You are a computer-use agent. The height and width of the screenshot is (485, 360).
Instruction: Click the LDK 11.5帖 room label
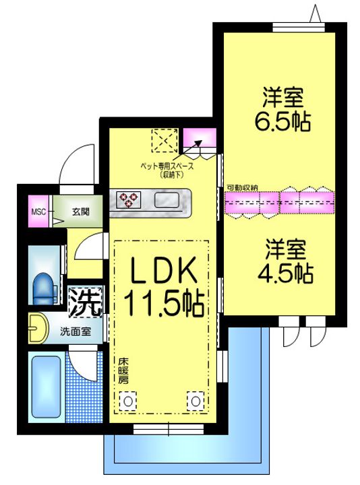click(164, 286)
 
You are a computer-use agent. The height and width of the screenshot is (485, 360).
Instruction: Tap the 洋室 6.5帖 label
click(282, 109)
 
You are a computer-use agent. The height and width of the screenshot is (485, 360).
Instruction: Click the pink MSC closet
click(38, 212)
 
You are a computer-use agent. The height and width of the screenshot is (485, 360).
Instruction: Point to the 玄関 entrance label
click(81, 212)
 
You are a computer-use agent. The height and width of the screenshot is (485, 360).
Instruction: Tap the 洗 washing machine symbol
click(85, 302)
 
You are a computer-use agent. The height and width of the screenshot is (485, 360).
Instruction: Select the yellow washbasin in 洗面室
click(38, 328)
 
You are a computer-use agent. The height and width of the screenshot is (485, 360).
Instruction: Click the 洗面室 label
click(76, 331)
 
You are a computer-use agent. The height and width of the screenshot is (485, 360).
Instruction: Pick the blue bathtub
click(46, 387)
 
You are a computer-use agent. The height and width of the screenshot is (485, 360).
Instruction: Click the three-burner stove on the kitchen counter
click(129, 199)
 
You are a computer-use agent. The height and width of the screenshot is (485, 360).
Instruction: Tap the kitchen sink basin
click(167, 200)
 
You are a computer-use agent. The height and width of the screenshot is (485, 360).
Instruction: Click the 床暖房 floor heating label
click(123, 371)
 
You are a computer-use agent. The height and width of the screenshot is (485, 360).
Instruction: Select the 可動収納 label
click(243, 187)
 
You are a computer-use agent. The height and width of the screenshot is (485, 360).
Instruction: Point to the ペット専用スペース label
click(167, 166)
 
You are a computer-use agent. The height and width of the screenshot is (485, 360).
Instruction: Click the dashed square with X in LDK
click(164, 141)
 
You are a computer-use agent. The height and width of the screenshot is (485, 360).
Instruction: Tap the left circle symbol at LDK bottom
click(128, 401)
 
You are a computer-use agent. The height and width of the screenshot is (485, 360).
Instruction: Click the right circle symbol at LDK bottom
click(196, 401)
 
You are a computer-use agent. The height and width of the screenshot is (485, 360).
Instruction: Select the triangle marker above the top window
click(315, 13)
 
